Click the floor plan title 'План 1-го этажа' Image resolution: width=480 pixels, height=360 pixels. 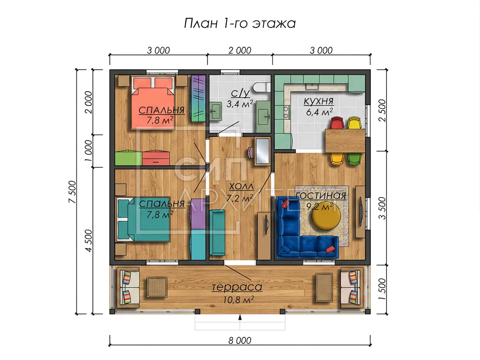tap(240, 23)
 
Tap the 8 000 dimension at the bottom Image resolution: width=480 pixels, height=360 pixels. tap(240, 340)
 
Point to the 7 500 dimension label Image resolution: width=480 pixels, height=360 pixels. tap(72, 192)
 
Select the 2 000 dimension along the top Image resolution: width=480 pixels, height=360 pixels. tap(240, 50)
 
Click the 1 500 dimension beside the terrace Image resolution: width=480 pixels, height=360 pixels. tap(382, 289)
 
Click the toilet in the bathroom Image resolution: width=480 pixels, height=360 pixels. tap(262, 87)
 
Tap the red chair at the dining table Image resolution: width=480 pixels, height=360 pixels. tap(337, 123)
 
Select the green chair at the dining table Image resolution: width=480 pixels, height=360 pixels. tap(354, 159)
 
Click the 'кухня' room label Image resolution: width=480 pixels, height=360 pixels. tap(319, 101)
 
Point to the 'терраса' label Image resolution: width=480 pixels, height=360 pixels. tap(237, 287)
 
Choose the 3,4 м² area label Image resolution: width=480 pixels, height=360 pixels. tap(240, 104)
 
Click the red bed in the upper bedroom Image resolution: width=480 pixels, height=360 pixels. tap(153, 103)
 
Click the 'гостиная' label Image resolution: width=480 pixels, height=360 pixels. tap(321, 196)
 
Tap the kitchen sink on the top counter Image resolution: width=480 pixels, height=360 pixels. tap(312, 86)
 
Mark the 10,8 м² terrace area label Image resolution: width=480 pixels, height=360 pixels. tap(239, 300)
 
